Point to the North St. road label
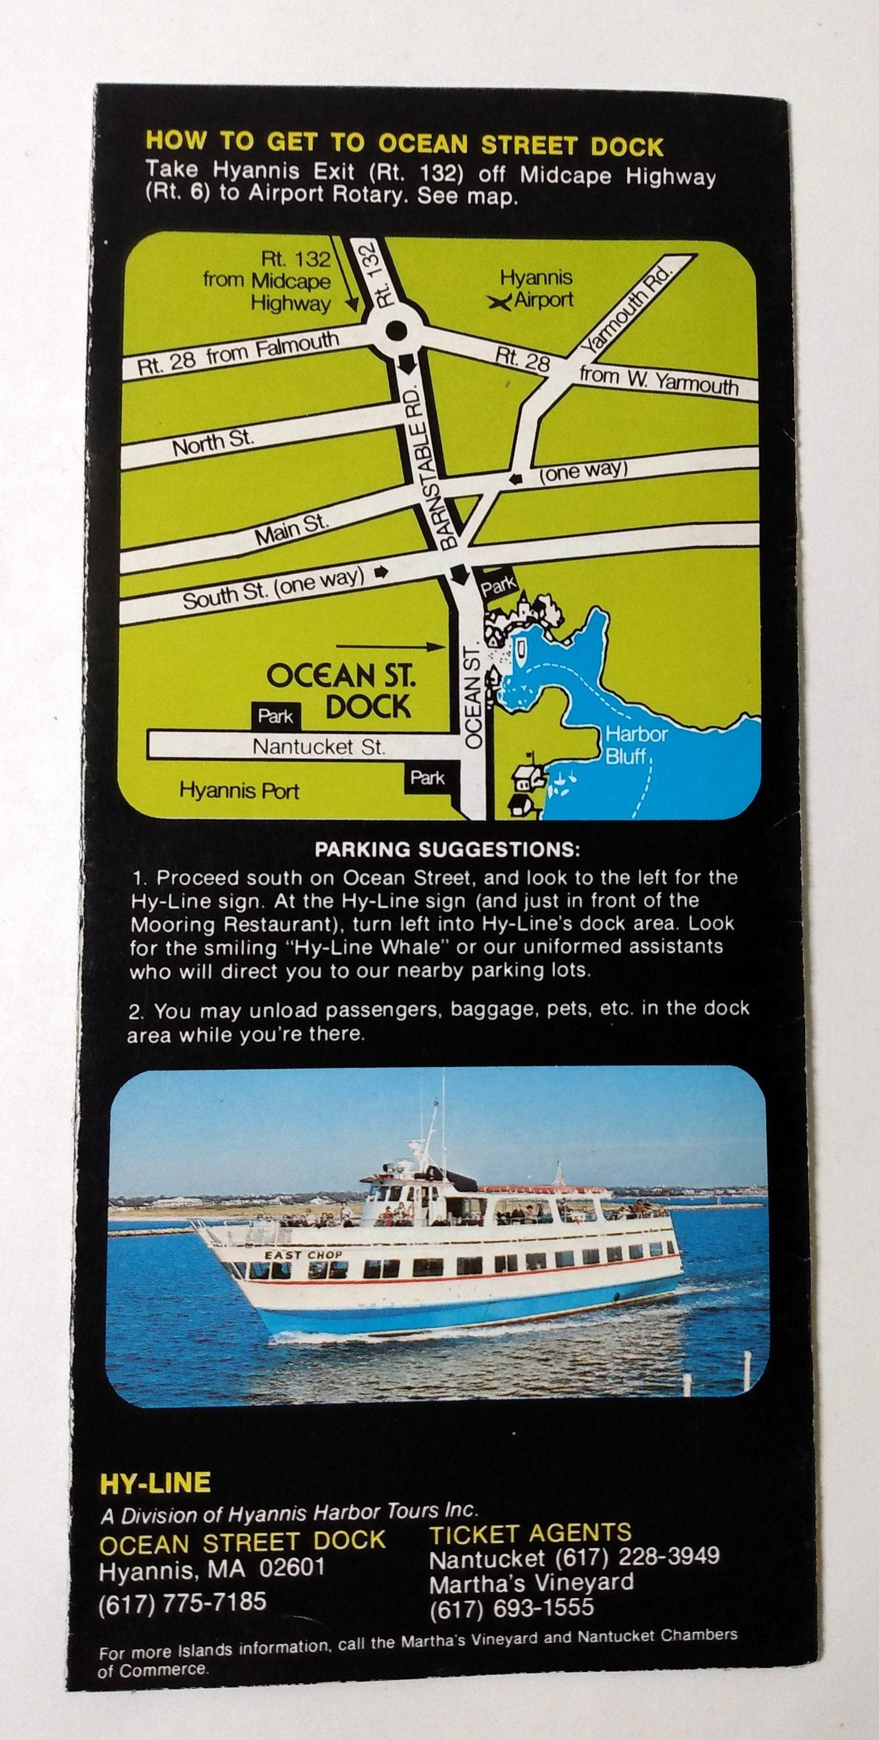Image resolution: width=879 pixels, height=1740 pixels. coord(214,443)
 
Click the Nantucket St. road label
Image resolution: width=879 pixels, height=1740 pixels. coord(319,746)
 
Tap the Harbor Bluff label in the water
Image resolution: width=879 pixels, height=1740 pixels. coord(627,744)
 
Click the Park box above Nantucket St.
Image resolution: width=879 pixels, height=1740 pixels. coord(276,716)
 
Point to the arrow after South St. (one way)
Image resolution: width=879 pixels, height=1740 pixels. coord(381,573)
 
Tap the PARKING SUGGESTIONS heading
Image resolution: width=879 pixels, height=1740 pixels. coord(447,849)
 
